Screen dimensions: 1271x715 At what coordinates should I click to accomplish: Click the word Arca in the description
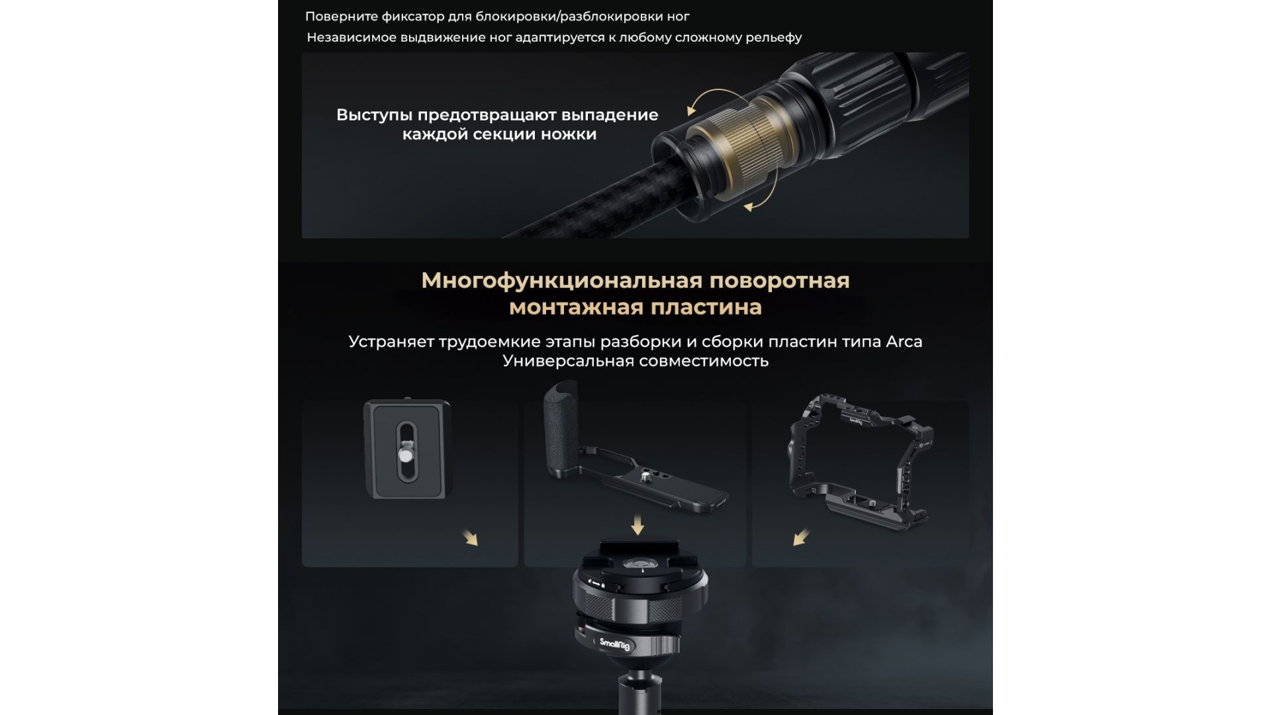point(904,342)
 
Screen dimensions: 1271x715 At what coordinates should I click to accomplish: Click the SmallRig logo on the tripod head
point(614,643)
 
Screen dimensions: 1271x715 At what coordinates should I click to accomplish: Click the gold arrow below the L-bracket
point(637,526)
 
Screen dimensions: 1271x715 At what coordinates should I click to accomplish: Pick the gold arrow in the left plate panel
point(470,537)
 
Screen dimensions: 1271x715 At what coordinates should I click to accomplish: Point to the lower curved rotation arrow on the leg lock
point(765,192)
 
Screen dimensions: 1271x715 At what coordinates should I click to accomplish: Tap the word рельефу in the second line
point(774,38)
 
